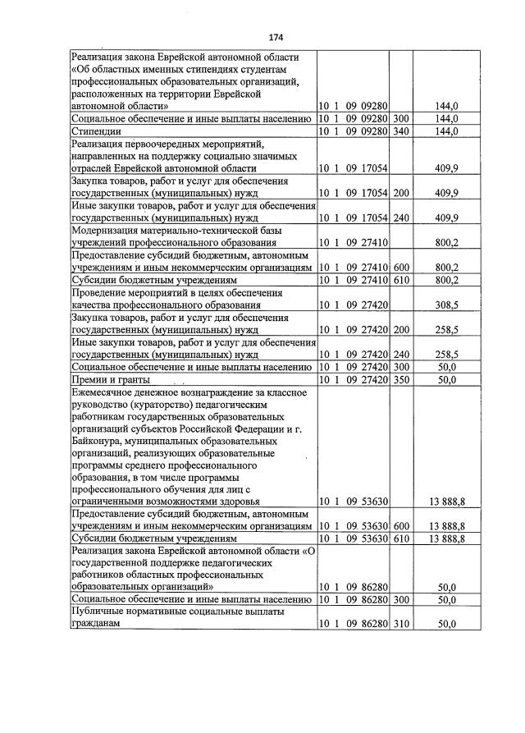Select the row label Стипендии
tap(98, 131)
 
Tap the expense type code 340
tap(400, 131)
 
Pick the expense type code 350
tap(400, 381)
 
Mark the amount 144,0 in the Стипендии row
tap(446, 131)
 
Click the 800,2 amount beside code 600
tap(446, 268)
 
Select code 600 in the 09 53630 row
tap(400, 526)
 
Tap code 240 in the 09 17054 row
tap(400, 218)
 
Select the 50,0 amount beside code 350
tap(446, 381)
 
